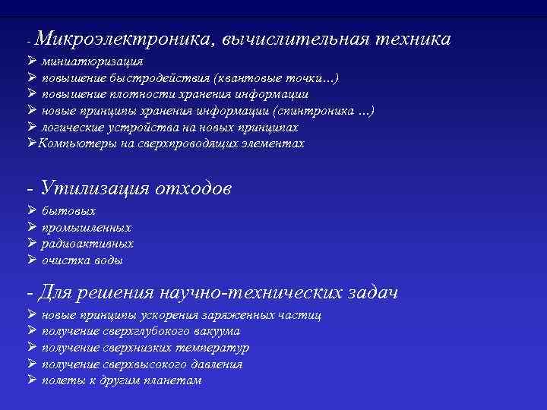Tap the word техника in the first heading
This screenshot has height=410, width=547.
point(411,39)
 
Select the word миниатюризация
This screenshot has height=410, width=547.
point(92,61)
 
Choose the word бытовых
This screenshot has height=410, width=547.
point(68,211)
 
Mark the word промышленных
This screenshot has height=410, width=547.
point(86,228)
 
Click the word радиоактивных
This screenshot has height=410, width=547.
point(87,244)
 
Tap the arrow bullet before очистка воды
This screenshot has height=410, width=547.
point(31,260)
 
